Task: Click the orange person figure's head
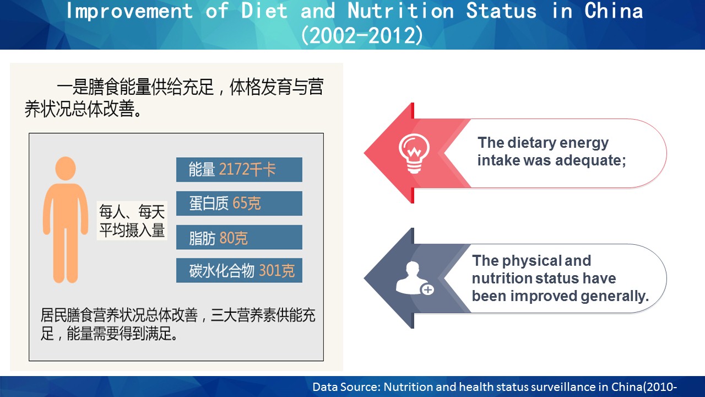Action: pyautogui.click(x=66, y=169)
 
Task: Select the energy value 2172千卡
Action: pyautogui.click(x=247, y=169)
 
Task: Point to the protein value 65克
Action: pyautogui.click(x=247, y=203)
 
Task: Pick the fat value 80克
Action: pyautogui.click(x=233, y=238)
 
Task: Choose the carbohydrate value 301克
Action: pyautogui.click(x=276, y=270)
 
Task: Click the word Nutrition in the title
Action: pyautogui.click(x=400, y=10)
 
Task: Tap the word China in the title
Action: pyautogui.click(x=614, y=10)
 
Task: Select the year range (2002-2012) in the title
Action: pyautogui.click(x=362, y=35)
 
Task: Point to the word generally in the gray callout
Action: pyautogui.click(x=615, y=296)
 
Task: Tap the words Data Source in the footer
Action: pyautogui.click(x=346, y=387)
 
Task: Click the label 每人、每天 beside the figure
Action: pyautogui.click(x=132, y=211)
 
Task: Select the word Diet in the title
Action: pyautogui.click(x=264, y=10)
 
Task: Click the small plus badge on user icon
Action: pyautogui.click(x=427, y=289)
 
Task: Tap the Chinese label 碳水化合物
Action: pyautogui.click(x=221, y=270)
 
